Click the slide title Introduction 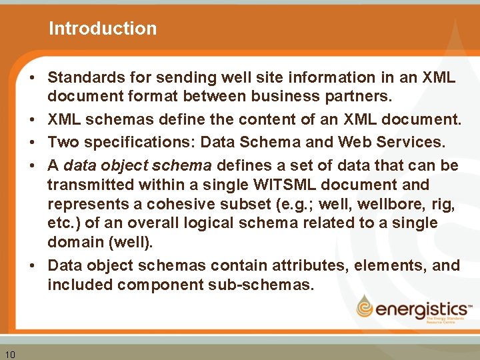click(103, 29)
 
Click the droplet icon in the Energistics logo click(365, 307)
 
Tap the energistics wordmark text click(422, 309)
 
